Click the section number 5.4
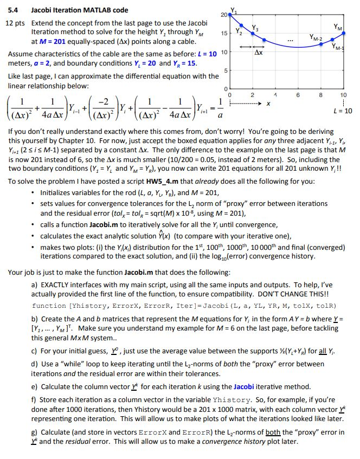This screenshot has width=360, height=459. point(11,10)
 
